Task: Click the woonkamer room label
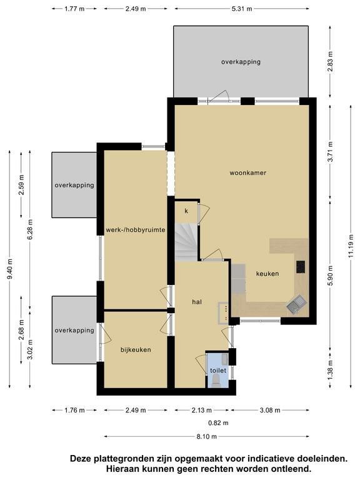click(x=247, y=172)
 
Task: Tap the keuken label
click(x=267, y=273)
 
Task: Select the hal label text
click(x=197, y=302)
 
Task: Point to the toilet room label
click(x=218, y=371)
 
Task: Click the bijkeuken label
click(x=136, y=349)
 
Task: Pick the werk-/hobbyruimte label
click(x=136, y=229)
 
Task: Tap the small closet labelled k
click(x=186, y=211)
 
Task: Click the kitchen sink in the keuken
click(x=296, y=304)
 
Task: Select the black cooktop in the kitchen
click(x=300, y=267)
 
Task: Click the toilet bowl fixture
click(x=216, y=382)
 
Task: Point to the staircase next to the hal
click(x=186, y=242)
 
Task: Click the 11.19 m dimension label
click(x=351, y=246)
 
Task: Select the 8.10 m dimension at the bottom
click(x=207, y=436)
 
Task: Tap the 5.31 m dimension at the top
click(x=242, y=9)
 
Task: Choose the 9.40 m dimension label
click(x=10, y=269)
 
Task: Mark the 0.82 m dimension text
click(x=218, y=422)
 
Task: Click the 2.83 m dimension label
click(x=330, y=61)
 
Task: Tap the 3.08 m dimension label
click(x=270, y=410)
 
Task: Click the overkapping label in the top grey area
click(x=241, y=62)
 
